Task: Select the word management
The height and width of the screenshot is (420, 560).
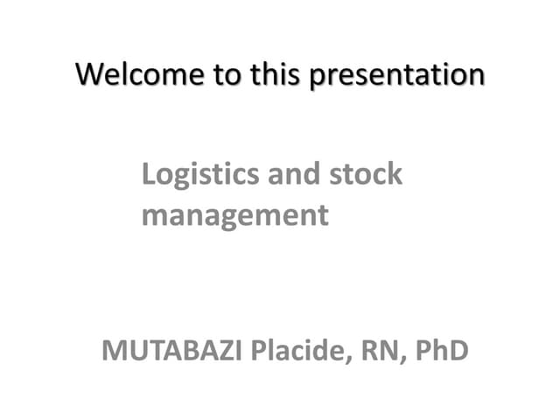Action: tap(234, 215)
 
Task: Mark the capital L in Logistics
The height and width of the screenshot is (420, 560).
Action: tap(149, 174)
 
